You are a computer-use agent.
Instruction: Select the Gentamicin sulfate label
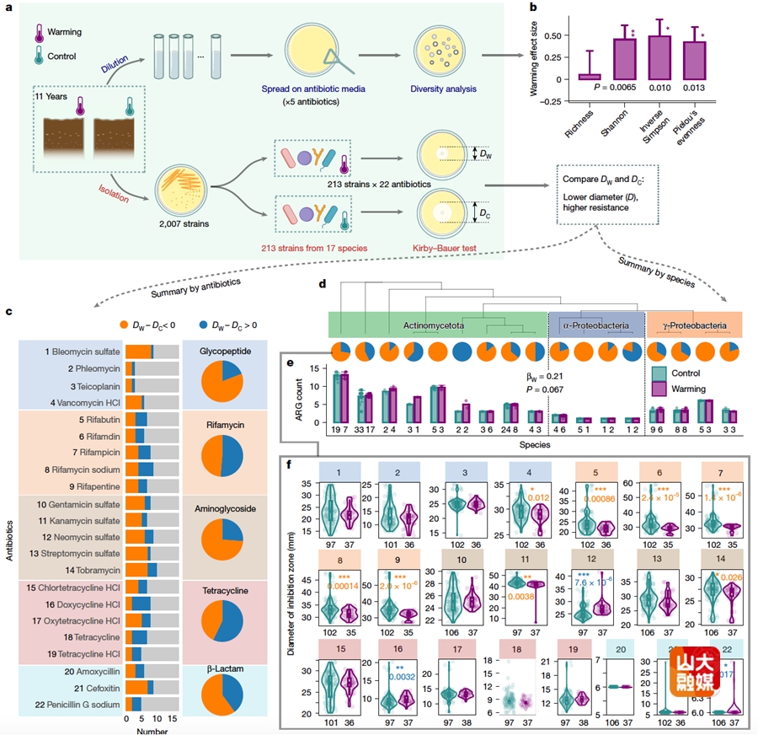[x=81, y=504]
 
